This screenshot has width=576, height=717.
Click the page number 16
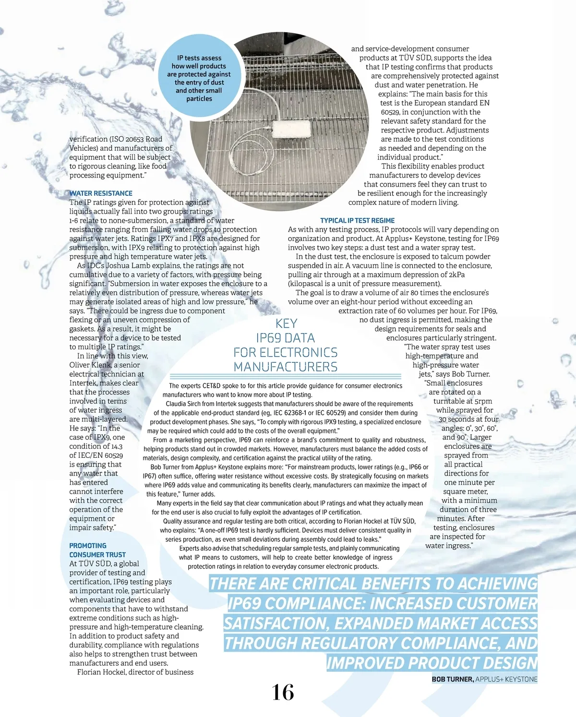pyautogui.click(x=283, y=692)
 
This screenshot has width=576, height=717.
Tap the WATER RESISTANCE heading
pyautogui.click(x=101, y=193)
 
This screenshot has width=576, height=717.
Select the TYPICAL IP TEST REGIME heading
pyautogui.click(x=357, y=221)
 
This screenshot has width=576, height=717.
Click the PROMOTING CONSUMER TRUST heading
pyautogui.click(x=97, y=550)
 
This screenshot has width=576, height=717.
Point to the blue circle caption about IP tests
pyautogui.click(x=199, y=78)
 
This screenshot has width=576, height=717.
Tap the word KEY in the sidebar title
pyautogui.click(x=286, y=323)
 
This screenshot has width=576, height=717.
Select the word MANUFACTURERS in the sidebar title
pyautogui.click(x=286, y=367)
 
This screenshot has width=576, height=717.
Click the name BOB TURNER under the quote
pyautogui.click(x=452, y=680)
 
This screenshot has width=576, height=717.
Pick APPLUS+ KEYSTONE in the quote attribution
pyautogui.click(x=506, y=680)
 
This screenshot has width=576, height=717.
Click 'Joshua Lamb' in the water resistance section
pyautogui.click(x=127, y=266)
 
